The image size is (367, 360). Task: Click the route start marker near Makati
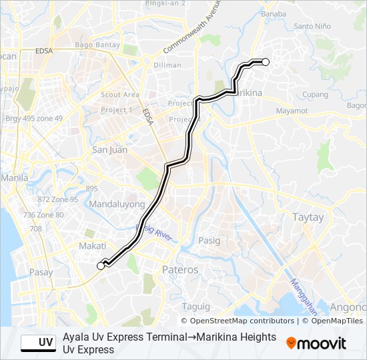(101, 265)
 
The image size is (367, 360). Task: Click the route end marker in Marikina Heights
(266, 62)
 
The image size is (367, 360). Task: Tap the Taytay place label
(308, 217)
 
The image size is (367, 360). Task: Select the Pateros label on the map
(180, 270)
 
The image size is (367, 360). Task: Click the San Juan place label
(109, 149)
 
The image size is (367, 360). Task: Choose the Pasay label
(41, 272)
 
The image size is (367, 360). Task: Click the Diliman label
(167, 65)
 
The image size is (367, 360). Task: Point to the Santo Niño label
(313, 27)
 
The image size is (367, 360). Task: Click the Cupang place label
(315, 95)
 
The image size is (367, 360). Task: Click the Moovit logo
(316, 343)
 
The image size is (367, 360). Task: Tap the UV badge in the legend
(38, 343)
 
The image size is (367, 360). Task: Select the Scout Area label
(120, 95)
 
